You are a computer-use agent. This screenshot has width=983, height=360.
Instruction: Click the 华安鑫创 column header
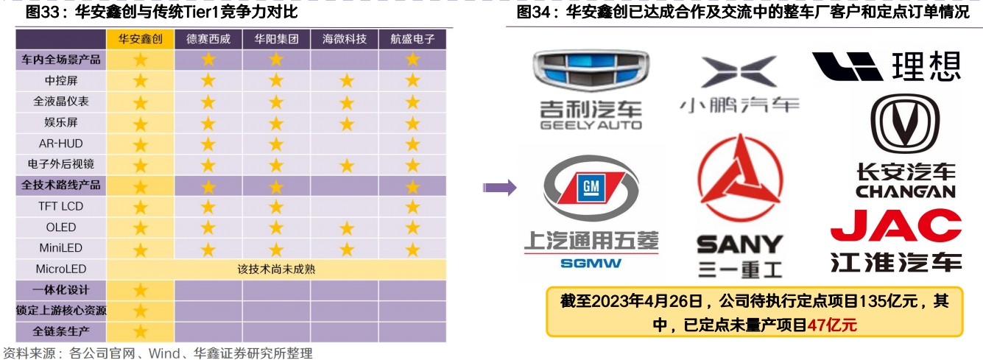pos(141,39)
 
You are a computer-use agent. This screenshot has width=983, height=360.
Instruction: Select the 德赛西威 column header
pos(208,39)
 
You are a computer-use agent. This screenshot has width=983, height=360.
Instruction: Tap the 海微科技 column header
pos(345,39)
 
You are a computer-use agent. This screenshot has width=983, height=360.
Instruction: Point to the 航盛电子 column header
pos(412,39)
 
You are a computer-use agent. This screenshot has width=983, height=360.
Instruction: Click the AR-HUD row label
pos(61,144)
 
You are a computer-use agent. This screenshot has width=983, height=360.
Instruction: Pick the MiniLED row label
pos(61,248)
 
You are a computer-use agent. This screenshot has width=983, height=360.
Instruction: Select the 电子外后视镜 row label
pos(61,164)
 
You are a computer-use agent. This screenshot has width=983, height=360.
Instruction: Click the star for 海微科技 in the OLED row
pos(347,228)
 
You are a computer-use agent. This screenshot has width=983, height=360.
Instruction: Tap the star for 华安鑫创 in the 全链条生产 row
pos(141,331)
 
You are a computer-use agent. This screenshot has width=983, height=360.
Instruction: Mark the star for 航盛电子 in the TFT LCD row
pos(412,207)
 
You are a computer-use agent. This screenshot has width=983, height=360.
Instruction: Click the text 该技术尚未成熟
pos(276,269)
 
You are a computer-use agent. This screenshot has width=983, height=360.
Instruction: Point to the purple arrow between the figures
pos(500,188)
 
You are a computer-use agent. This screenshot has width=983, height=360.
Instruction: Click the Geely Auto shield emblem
pos(591,70)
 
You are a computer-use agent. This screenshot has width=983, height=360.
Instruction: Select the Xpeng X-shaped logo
pos(739,71)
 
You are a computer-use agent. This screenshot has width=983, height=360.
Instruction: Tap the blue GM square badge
pos(591,187)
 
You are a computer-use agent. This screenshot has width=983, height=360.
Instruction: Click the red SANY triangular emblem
pos(740,179)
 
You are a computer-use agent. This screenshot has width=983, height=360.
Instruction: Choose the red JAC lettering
pos(896,225)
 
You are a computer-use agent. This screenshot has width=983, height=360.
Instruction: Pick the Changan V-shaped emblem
pos(905,124)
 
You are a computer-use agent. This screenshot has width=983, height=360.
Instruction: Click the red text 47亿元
pos(832,325)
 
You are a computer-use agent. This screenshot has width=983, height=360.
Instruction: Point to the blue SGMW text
pos(591,263)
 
